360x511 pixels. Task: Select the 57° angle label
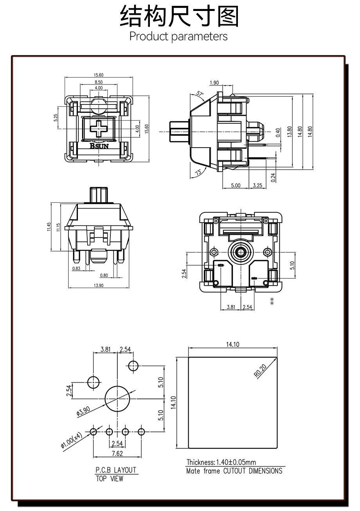click(200, 94)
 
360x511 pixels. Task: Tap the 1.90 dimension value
click(214, 83)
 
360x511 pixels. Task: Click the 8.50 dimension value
click(99, 82)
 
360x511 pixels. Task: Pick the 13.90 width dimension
click(99, 285)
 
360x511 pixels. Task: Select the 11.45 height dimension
click(49, 227)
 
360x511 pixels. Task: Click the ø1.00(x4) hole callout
click(71, 440)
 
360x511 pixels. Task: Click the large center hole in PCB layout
click(117, 398)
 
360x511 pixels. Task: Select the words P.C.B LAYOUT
click(116, 470)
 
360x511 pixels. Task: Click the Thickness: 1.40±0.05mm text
click(221, 462)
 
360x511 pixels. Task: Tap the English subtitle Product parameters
click(178, 36)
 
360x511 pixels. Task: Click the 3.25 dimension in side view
click(257, 185)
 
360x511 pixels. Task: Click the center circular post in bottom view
click(240, 251)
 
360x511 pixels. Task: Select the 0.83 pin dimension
click(77, 268)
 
